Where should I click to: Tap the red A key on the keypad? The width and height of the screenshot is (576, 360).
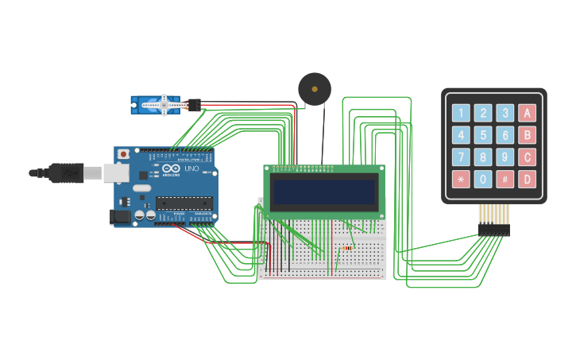pos(527,113)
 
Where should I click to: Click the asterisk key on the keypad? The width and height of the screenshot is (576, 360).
pos(461,180)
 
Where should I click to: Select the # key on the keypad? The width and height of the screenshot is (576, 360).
pos(505,180)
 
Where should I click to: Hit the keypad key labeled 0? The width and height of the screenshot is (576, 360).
pos(483,180)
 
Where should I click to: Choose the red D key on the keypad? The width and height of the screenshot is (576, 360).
pos(527,180)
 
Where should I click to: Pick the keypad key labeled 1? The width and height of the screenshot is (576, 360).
pos(461,113)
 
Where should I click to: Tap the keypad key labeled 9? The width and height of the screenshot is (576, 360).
pos(505,157)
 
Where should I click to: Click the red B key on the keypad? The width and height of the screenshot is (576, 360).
pos(527,135)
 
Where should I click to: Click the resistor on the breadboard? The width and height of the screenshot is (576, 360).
pos(347,248)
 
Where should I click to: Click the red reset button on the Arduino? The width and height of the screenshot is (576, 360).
pos(123,154)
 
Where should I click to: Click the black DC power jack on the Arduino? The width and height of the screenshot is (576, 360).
pos(118,215)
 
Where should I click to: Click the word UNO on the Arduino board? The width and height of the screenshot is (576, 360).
pos(191,169)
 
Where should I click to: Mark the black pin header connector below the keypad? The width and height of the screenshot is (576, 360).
pos(493,230)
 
